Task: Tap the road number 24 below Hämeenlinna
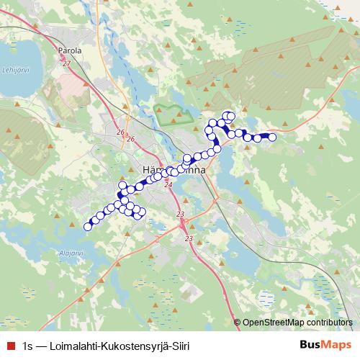pos(168,185)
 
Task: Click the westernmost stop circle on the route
pos(88,227)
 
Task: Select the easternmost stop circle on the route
pos(272,137)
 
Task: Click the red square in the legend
pos(9,345)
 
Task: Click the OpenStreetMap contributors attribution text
pos(297,323)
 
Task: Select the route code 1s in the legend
pos(28,345)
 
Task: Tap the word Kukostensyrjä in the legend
pos(134,345)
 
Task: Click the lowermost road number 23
pos(189,238)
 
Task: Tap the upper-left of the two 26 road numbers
pos(120,134)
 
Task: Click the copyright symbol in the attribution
pos(237,323)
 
